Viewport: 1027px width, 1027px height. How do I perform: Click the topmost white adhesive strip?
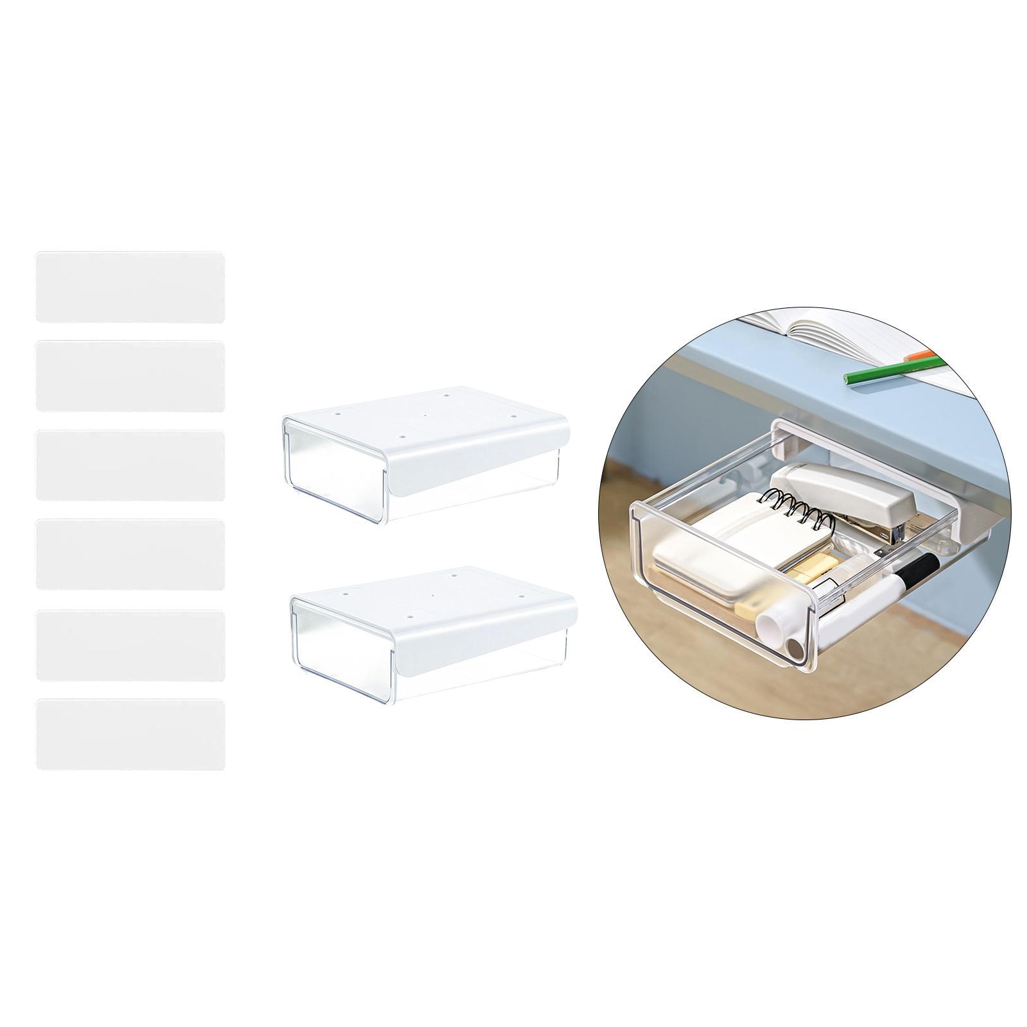click(130, 287)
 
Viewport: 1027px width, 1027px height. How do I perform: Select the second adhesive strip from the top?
click(130, 376)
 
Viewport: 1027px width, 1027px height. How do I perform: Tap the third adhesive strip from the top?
click(130, 465)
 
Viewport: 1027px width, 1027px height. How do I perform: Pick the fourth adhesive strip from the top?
click(130, 554)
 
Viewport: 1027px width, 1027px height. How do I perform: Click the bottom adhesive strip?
click(130, 734)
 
